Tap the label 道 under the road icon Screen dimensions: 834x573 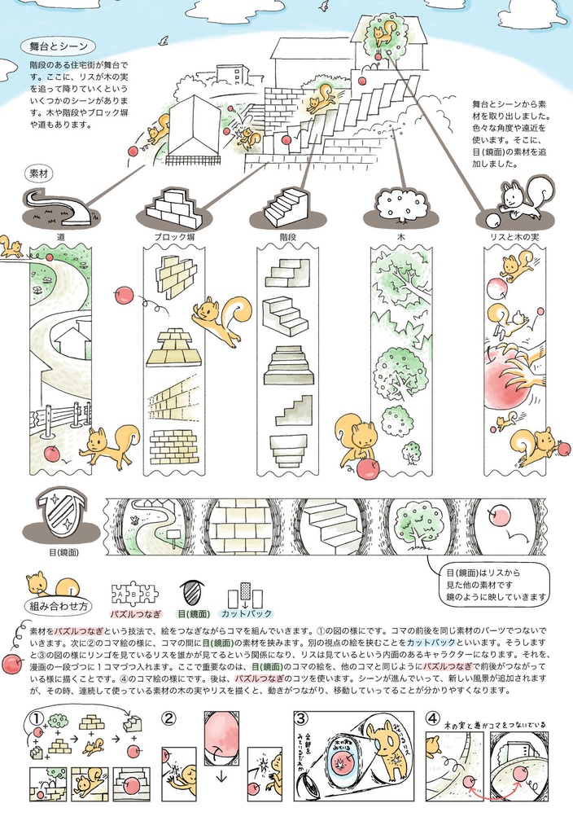click(x=61, y=236)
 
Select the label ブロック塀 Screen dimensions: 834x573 click(x=174, y=236)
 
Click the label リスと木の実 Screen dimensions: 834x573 click(x=515, y=236)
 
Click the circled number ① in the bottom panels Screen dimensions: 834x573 click(x=36, y=718)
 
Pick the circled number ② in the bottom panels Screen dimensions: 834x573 click(x=168, y=718)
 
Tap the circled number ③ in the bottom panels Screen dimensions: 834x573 click(x=300, y=718)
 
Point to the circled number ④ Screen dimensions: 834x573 click(x=432, y=718)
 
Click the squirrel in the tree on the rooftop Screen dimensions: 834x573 click(x=383, y=33)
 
